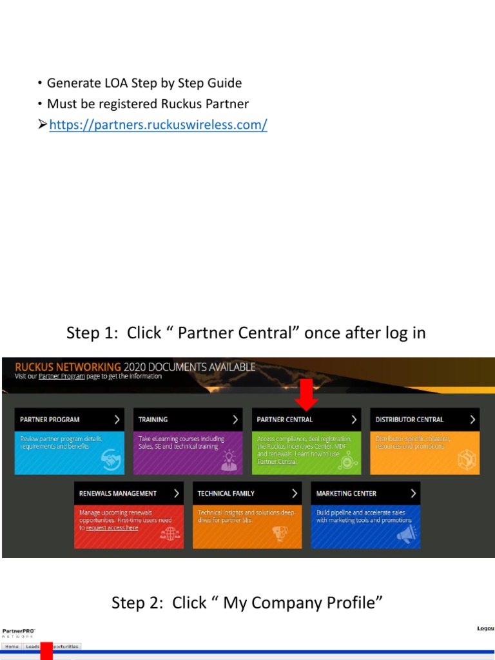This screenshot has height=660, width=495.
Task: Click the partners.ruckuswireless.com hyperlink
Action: [158, 125]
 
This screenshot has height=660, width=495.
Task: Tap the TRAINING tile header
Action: [188, 420]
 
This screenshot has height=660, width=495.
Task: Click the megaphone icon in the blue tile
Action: [405, 533]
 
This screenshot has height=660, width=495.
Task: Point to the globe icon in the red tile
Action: [170, 534]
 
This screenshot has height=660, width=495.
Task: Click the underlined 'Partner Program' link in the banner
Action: [62, 376]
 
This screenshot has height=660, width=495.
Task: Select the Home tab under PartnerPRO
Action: [12, 646]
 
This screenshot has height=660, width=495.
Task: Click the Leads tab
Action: [32, 646]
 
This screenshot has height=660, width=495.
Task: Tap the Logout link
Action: [485, 628]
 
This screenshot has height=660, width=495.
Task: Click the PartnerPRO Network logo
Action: [19, 632]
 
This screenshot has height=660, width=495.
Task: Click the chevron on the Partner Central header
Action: [354, 420]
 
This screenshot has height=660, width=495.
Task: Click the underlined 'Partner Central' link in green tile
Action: [277, 461]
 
